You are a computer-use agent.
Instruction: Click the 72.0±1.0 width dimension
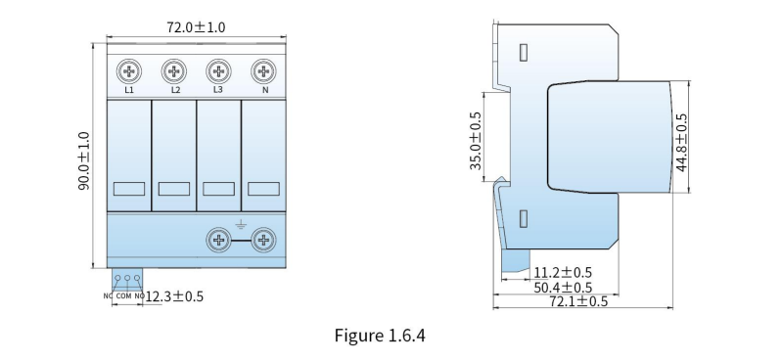[x=196, y=27]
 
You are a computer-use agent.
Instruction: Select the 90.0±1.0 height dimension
[x=84, y=160]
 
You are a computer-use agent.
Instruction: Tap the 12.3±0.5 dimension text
[x=174, y=296]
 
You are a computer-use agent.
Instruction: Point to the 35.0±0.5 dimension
[x=476, y=140]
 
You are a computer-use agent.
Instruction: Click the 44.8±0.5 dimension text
[x=681, y=142]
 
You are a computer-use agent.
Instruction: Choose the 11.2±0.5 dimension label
[x=563, y=273]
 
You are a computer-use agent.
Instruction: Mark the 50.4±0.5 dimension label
[x=563, y=288]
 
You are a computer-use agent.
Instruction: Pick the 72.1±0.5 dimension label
[x=578, y=301]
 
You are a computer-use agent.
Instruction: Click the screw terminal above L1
[x=129, y=71]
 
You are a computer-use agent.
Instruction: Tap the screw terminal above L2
[x=174, y=71]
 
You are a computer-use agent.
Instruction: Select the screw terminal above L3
[x=218, y=71]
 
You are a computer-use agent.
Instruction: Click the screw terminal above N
[x=263, y=71]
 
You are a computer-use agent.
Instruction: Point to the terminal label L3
[x=217, y=90]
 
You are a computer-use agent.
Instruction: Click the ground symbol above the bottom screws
[x=241, y=224]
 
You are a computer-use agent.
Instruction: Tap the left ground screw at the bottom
[x=218, y=241]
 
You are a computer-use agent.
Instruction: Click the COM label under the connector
[x=124, y=296]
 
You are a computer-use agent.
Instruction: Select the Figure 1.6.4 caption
[x=380, y=335]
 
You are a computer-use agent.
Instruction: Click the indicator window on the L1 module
[x=129, y=189]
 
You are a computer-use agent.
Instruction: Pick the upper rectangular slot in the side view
[x=524, y=53]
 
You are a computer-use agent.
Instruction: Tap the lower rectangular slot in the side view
[x=524, y=219]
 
